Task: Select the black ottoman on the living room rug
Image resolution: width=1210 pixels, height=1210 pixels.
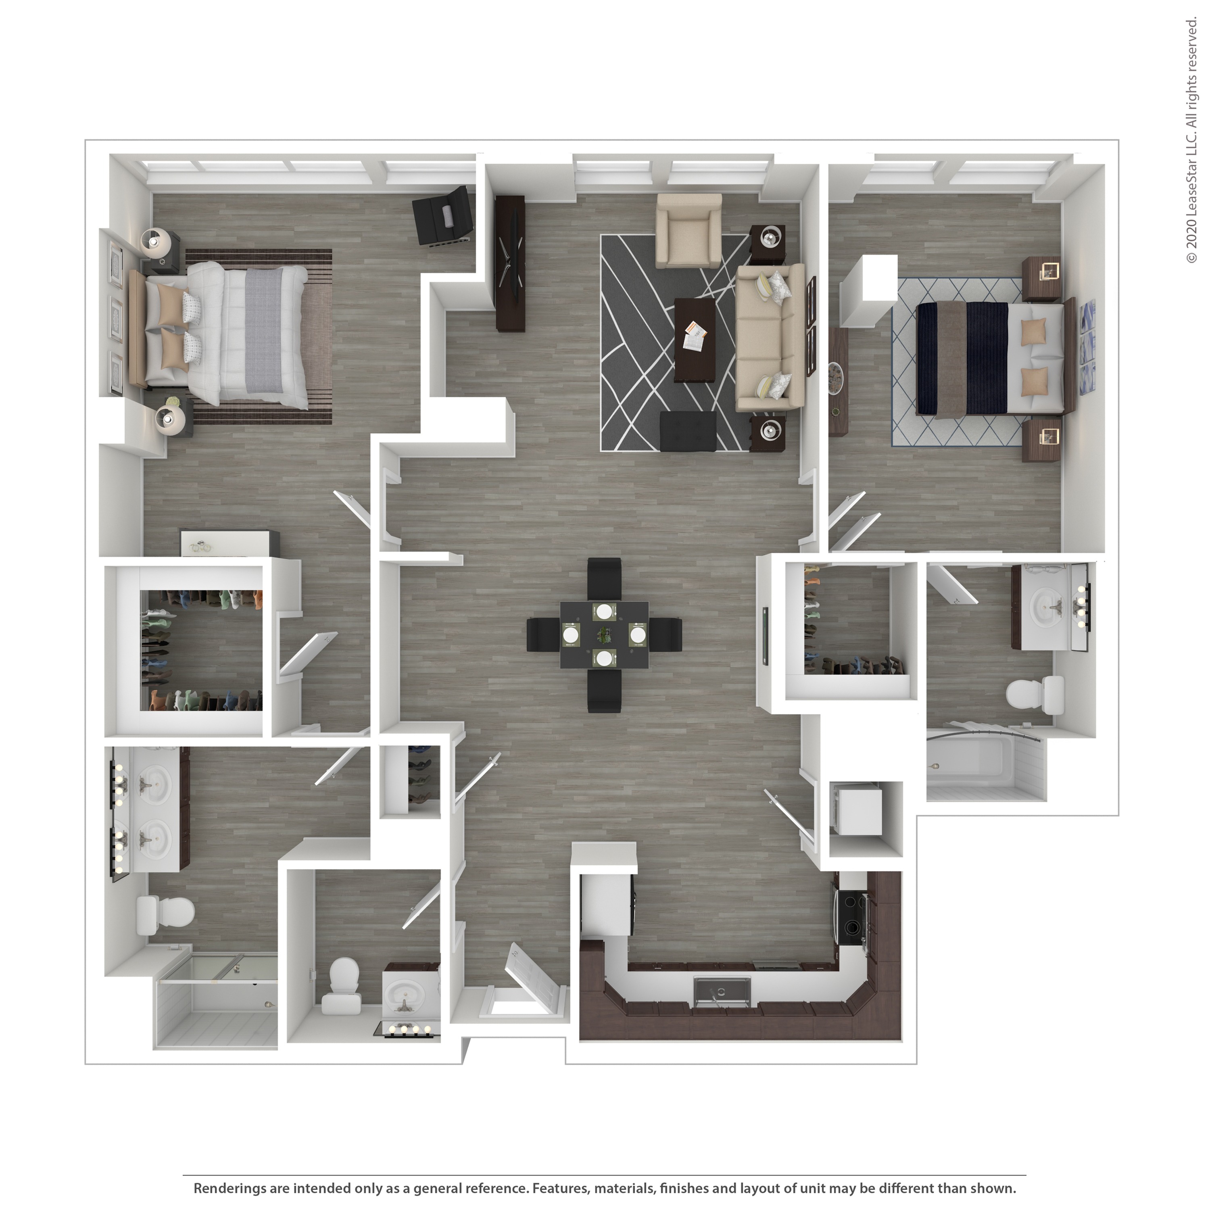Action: (x=688, y=431)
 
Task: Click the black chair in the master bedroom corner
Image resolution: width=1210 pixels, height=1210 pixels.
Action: (x=443, y=216)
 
